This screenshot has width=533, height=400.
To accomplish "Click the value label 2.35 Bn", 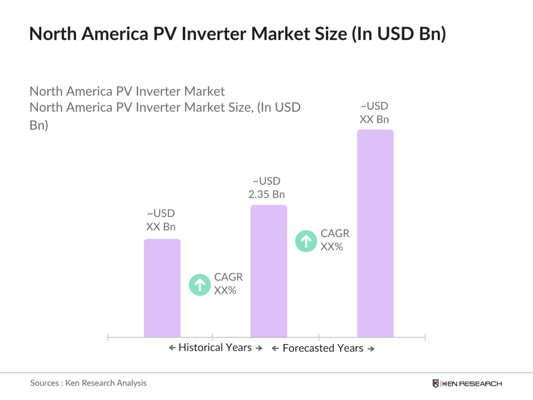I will (x=267, y=194).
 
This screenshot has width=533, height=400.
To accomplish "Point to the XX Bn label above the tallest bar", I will (x=374, y=119).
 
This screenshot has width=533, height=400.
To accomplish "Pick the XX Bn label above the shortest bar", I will (x=161, y=227).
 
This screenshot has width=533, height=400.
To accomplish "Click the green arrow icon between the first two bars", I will (x=200, y=285).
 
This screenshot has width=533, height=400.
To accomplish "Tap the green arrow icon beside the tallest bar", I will (x=306, y=241).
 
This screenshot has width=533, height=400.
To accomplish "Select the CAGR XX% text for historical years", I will (x=228, y=284).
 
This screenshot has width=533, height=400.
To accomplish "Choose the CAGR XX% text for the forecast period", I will (x=334, y=240).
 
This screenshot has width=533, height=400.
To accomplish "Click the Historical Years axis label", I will (x=215, y=347).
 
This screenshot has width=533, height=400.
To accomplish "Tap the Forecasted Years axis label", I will (x=323, y=348).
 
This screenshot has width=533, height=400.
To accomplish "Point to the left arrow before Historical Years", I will (x=172, y=348).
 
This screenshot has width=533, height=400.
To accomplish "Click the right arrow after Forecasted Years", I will (x=371, y=349).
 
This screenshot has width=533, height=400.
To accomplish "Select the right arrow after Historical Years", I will (x=259, y=348).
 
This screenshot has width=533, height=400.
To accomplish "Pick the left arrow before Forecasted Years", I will (x=275, y=349).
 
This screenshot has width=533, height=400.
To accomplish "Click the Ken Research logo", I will (x=467, y=384).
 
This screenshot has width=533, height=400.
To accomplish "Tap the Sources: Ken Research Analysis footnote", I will (x=88, y=383).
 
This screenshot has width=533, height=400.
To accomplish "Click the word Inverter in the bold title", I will (x=214, y=34).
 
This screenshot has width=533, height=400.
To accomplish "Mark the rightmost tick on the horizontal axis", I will (x=425, y=337).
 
